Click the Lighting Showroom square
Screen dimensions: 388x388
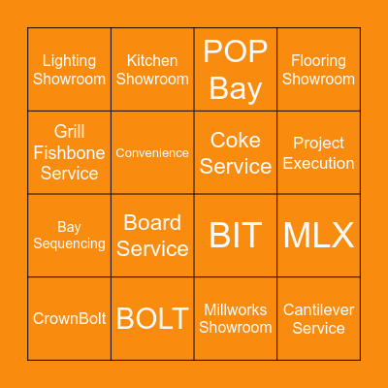70,70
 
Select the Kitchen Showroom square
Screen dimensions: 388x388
152,70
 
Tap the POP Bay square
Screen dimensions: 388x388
236,70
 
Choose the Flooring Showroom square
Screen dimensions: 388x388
318,70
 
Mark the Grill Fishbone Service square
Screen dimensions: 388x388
70,152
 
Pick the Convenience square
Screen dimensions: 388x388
152,152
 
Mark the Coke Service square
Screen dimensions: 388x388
236,152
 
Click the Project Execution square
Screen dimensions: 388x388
318,152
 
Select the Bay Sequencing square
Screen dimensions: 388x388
70,236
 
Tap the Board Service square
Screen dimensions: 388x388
152,236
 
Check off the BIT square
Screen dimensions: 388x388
236,236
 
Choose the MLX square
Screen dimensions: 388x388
318,236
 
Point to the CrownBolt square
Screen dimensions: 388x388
70,318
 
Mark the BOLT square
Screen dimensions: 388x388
152,318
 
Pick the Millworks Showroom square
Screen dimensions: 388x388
236,318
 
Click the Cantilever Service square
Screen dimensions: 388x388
318,318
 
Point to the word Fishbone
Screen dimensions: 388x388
70,152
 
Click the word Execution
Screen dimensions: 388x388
318,163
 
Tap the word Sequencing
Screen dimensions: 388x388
70,243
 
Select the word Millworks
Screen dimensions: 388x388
236,309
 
